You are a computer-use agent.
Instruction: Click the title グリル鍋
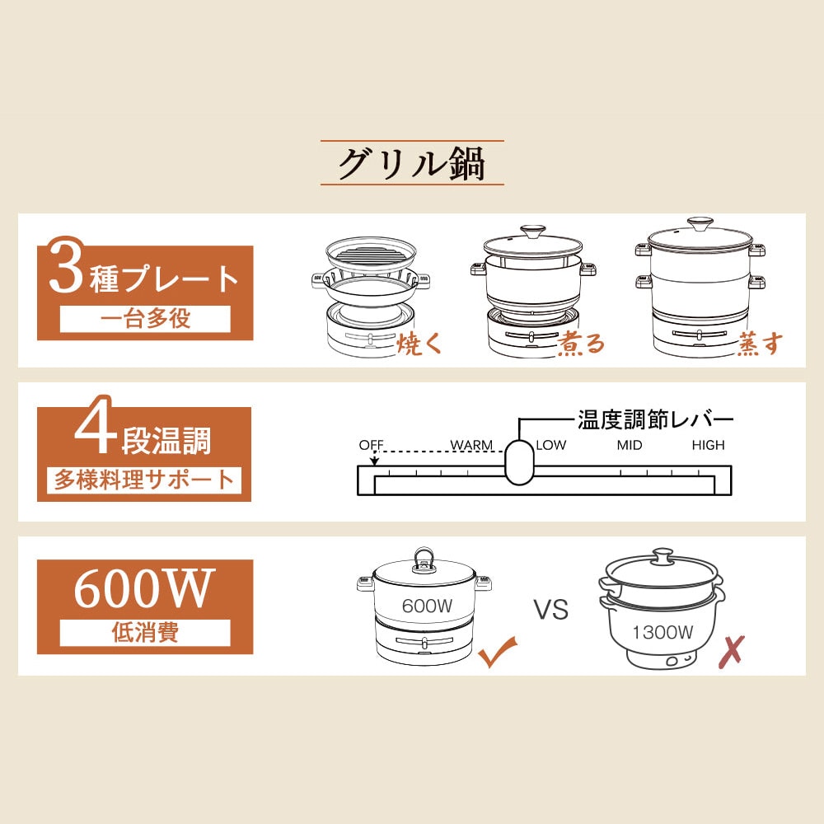(411, 163)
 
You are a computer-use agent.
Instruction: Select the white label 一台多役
(145, 318)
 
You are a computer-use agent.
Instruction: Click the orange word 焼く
(419, 344)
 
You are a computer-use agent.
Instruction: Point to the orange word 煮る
(581, 344)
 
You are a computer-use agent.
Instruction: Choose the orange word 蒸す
(760, 344)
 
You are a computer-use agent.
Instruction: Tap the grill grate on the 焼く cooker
(371, 256)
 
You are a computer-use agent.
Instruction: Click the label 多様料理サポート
(144, 480)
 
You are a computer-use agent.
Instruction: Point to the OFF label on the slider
(371, 445)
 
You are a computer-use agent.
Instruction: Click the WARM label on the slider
(471, 445)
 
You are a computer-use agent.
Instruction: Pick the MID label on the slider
(630, 445)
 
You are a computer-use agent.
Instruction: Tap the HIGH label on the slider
(708, 445)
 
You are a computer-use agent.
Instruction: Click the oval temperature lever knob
(519, 461)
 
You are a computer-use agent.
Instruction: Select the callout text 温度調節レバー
(655, 420)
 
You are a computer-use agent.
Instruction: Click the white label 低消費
(145, 632)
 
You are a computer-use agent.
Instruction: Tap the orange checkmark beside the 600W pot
(497, 652)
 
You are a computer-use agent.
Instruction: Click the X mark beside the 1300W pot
(732, 652)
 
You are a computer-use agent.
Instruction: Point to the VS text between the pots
(551, 610)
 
